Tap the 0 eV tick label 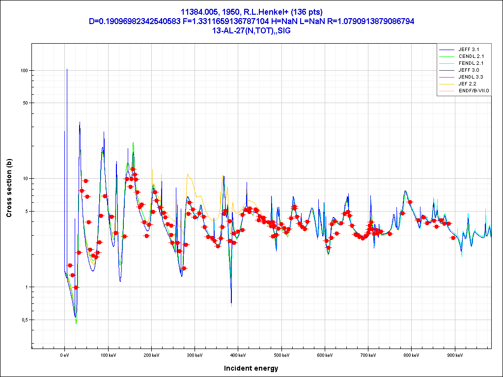click(64, 354)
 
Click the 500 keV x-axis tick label click(281, 354)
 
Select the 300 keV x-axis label click(195, 354)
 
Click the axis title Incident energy click(251, 368)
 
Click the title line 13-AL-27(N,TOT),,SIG click(251, 30)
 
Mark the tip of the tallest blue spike click(67, 69)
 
